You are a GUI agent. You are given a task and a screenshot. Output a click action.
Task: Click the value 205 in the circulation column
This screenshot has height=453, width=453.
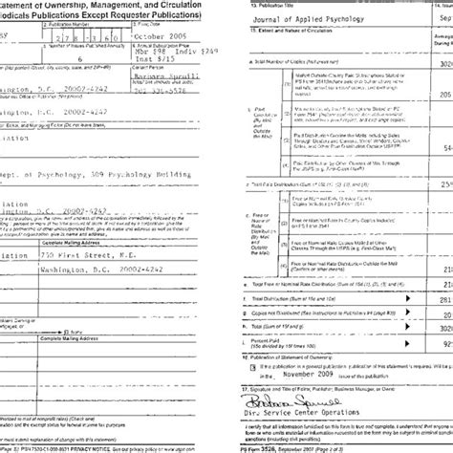[x=442, y=97]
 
